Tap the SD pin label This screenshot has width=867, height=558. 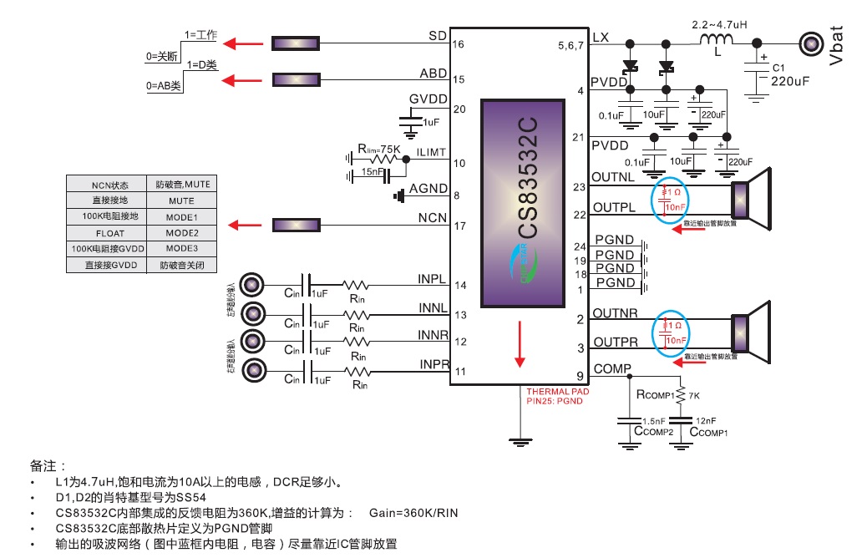pyautogui.click(x=437, y=36)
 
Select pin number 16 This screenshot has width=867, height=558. pyautogui.click(x=459, y=44)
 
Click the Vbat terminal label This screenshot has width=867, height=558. pyautogui.click(x=838, y=45)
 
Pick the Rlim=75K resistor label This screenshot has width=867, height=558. pyautogui.click(x=379, y=148)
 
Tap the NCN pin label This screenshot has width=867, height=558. pyautogui.click(x=433, y=217)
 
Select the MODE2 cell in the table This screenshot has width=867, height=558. pyautogui.click(x=181, y=232)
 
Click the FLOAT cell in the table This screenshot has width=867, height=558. pyautogui.click(x=109, y=232)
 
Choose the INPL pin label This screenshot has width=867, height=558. pyautogui.click(x=432, y=278)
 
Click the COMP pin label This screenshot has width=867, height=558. pyautogui.click(x=612, y=368)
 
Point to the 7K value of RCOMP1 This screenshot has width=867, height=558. pyautogui.click(x=694, y=393)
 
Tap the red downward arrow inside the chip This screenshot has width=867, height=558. pyautogui.click(x=520, y=347)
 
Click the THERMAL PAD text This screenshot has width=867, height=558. pyautogui.click(x=557, y=391)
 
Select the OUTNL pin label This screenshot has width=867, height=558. pyautogui.click(x=612, y=177)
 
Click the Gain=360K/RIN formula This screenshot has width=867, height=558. pyautogui.click(x=413, y=512)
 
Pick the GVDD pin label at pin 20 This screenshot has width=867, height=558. pyautogui.click(x=428, y=99)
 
